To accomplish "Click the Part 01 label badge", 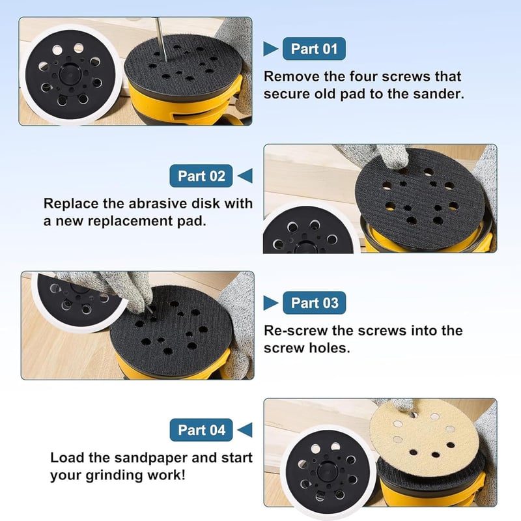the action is [314, 49].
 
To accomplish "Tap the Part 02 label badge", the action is [201, 176].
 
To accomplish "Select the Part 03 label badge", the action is [315, 303].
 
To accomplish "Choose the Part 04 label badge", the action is [201, 430].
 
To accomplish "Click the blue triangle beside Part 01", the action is [270, 49].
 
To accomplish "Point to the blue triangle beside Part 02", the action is [246, 176].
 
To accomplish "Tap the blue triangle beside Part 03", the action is [270, 303].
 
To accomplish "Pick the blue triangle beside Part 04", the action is [246, 430].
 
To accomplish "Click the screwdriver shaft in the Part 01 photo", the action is [161, 40].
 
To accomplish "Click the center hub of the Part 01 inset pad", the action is [70, 74].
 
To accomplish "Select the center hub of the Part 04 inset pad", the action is [328, 472].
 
